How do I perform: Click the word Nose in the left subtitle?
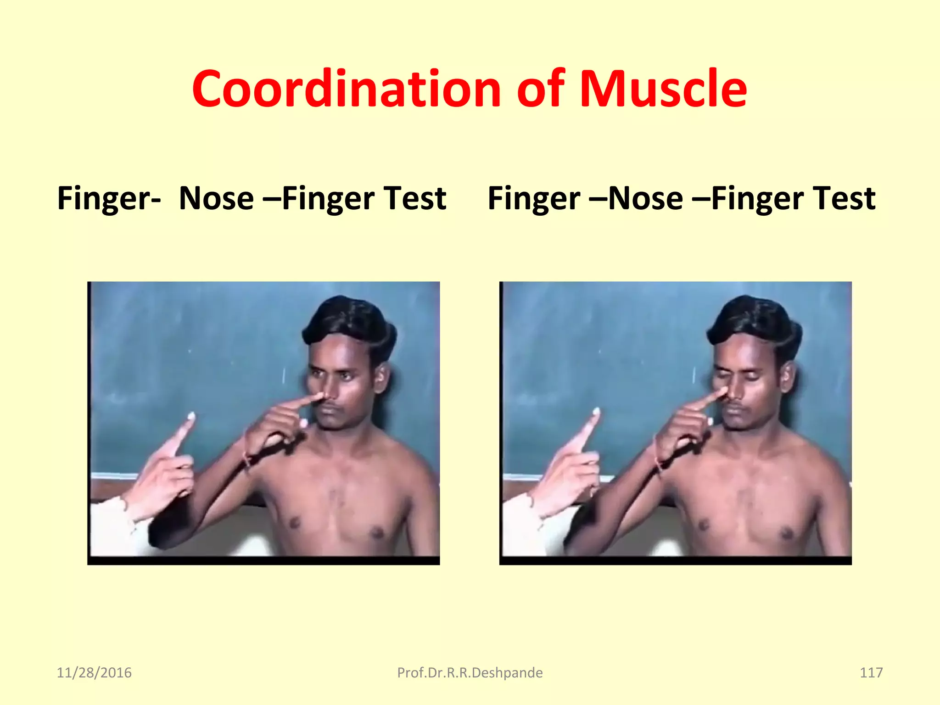pos(216,198)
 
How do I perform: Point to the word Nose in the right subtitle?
pos(645,198)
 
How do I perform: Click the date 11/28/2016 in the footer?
pos(94,672)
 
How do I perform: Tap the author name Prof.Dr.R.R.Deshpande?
pos(470,672)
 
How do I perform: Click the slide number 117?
pos(871,672)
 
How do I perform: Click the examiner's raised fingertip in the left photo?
pos(190,417)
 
